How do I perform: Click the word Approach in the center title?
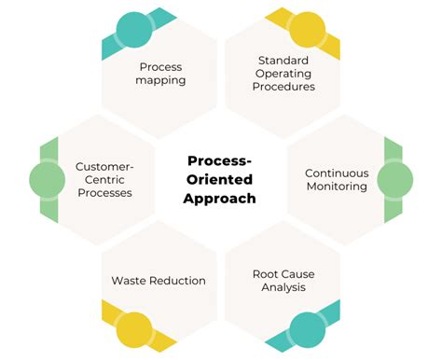pyautogui.click(x=220, y=199)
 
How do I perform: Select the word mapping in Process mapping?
pyautogui.click(x=161, y=80)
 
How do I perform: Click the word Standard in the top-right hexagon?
pyautogui.click(x=283, y=61)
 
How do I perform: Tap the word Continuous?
pyautogui.click(x=337, y=173)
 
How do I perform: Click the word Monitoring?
pyautogui.click(x=337, y=186)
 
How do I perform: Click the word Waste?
pyautogui.click(x=129, y=280)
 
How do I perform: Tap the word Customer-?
pyautogui.click(x=104, y=167)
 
